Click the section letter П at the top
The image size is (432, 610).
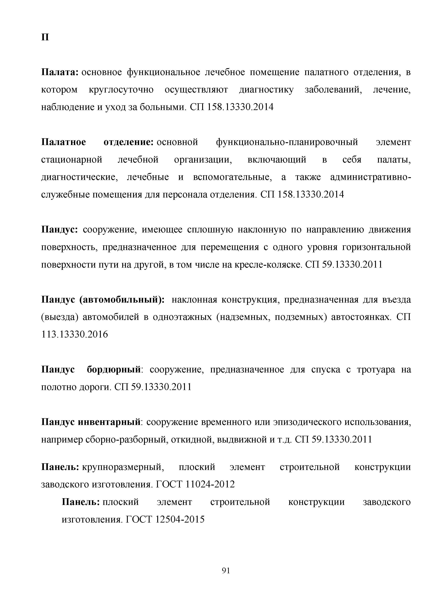45,37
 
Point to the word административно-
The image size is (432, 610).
371,177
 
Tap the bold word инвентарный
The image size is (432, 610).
109,422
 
